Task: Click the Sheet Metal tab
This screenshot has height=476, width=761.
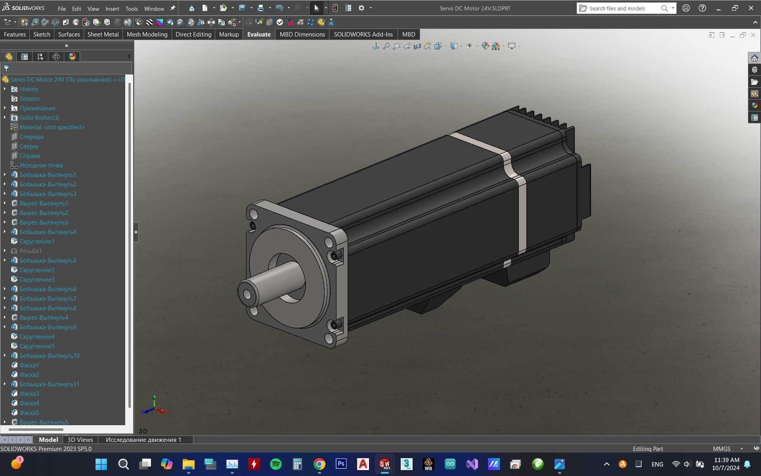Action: click(x=103, y=35)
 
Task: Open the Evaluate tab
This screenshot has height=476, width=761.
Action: click(x=259, y=35)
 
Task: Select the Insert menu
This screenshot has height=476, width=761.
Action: click(x=112, y=8)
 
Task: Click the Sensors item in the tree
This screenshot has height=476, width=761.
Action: click(x=29, y=99)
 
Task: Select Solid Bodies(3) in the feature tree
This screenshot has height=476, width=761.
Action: click(x=40, y=118)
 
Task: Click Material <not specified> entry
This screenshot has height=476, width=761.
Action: click(x=52, y=127)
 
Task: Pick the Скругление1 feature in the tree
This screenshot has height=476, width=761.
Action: click(x=37, y=242)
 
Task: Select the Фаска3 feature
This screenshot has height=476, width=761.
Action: click(x=29, y=394)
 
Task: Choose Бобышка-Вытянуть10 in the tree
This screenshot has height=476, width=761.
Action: click(x=50, y=356)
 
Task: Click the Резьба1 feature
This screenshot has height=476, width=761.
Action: click(x=31, y=251)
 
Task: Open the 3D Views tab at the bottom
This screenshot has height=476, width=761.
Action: click(x=80, y=440)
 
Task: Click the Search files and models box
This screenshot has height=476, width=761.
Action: click(x=620, y=8)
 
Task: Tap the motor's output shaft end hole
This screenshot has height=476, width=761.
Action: click(x=247, y=294)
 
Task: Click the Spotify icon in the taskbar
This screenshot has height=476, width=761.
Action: click(x=275, y=464)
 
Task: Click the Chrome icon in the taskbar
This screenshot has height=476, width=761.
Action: click(x=319, y=464)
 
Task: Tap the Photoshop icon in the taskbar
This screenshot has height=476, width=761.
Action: click(x=341, y=464)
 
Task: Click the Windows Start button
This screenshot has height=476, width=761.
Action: click(x=101, y=464)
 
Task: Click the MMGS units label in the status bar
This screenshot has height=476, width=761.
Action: click(x=721, y=449)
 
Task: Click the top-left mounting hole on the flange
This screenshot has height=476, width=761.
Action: click(x=253, y=215)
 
